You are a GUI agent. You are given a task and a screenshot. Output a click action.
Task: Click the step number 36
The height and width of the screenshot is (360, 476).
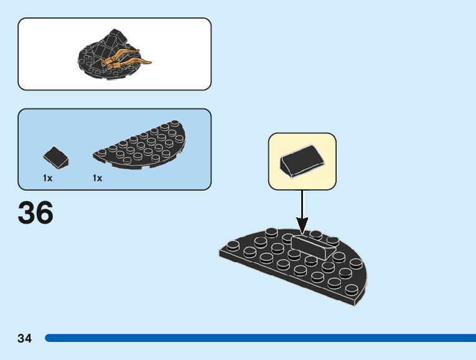35,213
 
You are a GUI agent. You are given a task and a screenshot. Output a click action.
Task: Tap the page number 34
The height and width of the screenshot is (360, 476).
25,339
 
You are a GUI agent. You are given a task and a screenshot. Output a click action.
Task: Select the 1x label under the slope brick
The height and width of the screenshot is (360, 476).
47,178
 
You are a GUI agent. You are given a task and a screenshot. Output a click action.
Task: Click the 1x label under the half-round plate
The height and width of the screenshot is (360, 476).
97,178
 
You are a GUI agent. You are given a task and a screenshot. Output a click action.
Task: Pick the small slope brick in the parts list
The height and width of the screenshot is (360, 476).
56,158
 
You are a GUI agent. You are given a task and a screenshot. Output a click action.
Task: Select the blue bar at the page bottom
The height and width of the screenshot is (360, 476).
261,338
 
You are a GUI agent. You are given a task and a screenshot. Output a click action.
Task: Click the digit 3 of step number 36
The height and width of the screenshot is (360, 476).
26,213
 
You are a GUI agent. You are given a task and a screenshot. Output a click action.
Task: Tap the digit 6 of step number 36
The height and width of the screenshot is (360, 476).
44,213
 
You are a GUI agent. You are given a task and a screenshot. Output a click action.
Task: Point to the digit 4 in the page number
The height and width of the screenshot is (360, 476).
29,339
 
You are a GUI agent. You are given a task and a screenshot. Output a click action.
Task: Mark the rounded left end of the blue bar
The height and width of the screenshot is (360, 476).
48,338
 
